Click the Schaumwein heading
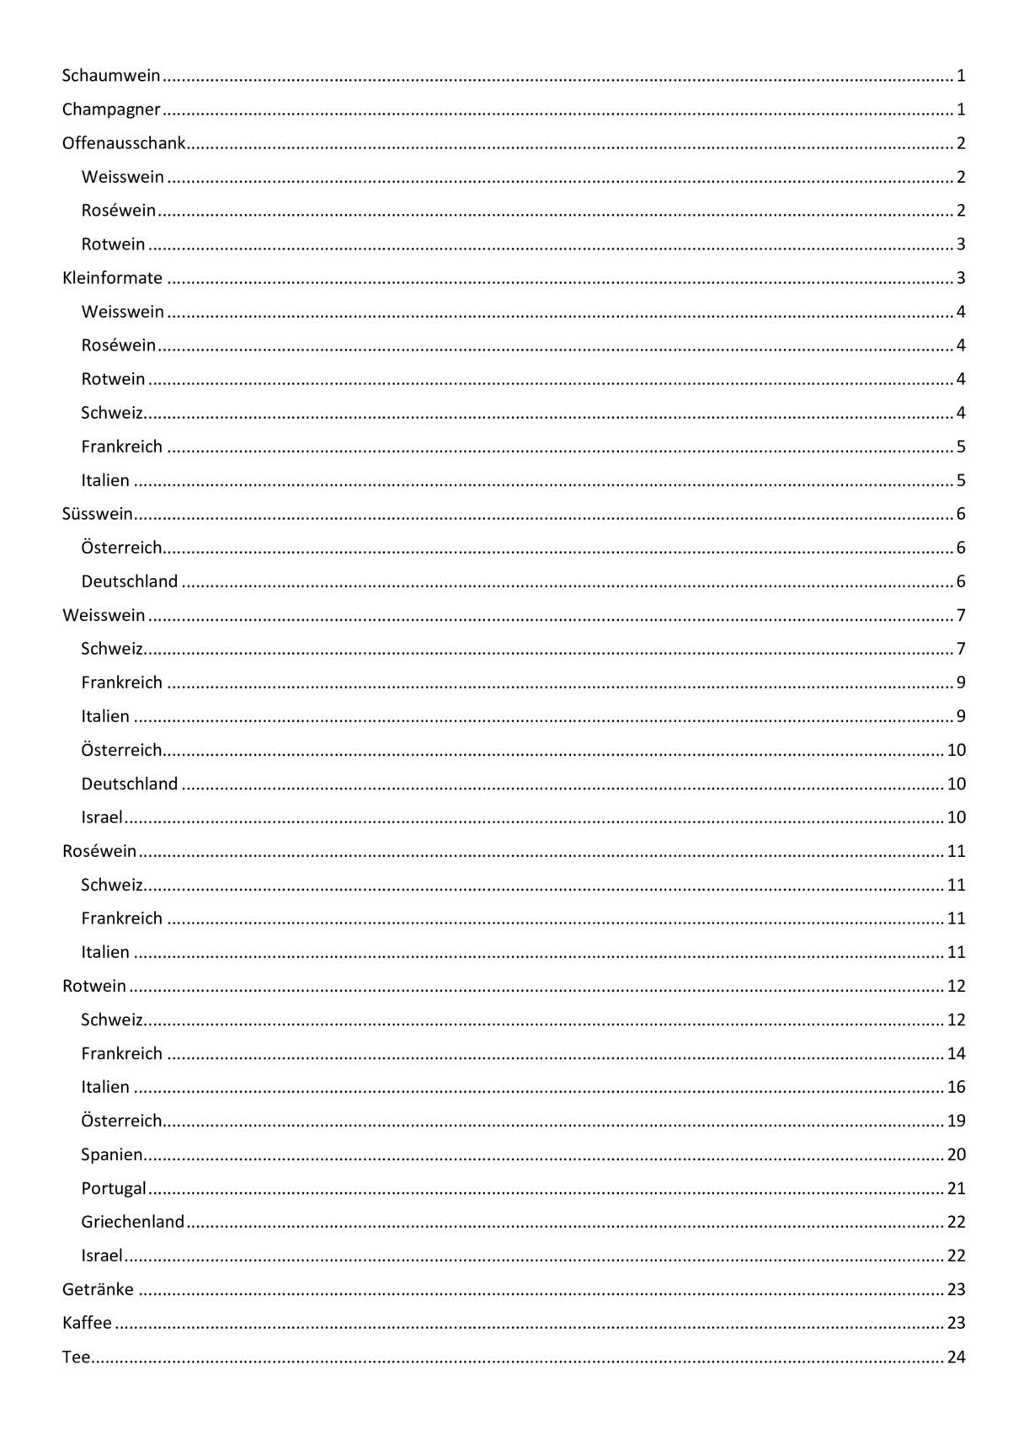click(x=111, y=76)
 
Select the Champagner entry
click(x=111, y=110)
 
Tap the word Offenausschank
click(x=124, y=143)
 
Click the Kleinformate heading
click(x=112, y=278)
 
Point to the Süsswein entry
click(x=98, y=514)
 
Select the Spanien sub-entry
click(x=112, y=1154)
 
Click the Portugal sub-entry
click(x=114, y=1188)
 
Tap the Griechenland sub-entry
click(x=132, y=1222)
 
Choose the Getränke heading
click(x=98, y=1289)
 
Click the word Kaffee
click(x=87, y=1323)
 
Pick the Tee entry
click(x=76, y=1357)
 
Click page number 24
click(x=956, y=1357)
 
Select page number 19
click(x=956, y=1121)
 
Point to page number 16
click(x=956, y=1087)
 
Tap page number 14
click(x=956, y=1053)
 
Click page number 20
click(x=956, y=1154)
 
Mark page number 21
click(x=956, y=1188)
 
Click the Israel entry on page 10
click(x=102, y=817)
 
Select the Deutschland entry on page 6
click(x=130, y=581)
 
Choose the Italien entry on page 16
click(x=105, y=1087)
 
